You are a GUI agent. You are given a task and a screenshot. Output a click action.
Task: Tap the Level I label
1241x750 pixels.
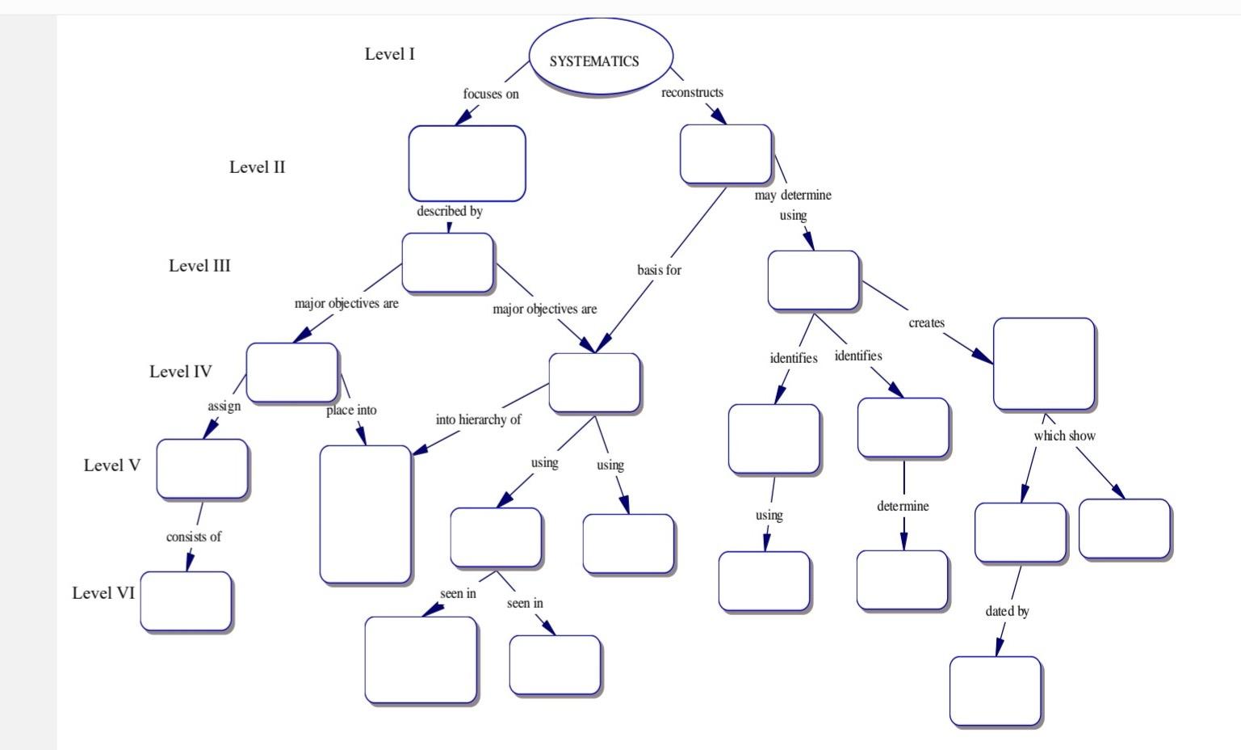pyautogui.click(x=389, y=54)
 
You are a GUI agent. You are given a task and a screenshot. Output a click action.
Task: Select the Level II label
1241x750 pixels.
pyautogui.click(x=257, y=167)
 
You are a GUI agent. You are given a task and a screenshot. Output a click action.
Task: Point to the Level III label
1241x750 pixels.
pyautogui.click(x=199, y=266)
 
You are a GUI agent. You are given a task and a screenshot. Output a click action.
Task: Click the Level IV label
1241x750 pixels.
pyautogui.click(x=180, y=372)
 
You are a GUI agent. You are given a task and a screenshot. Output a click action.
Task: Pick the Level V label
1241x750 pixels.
pyautogui.click(x=111, y=466)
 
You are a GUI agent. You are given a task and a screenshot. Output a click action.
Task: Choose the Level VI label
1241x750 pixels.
pyautogui.click(x=103, y=593)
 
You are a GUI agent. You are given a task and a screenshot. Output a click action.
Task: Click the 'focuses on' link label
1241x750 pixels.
pyautogui.click(x=490, y=94)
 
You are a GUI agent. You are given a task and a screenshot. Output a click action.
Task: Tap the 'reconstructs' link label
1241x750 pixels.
pyautogui.click(x=692, y=92)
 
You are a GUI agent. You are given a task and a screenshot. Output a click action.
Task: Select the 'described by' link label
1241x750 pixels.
pyautogui.click(x=449, y=211)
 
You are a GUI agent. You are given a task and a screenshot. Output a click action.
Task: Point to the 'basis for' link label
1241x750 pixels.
pyautogui.click(x=659, y=270)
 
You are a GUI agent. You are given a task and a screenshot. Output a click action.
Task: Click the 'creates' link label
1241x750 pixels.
pyautogui.click(x=926, y=322)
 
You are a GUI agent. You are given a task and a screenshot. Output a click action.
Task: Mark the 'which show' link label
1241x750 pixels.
pyautogui.click(x=1064, y=436)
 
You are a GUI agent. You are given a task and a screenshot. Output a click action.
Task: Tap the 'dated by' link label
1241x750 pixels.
pyautogui.click(x=1007, y=611)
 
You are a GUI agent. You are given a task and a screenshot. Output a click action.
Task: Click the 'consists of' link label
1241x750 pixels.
pyautogui.click(x=193, y=537)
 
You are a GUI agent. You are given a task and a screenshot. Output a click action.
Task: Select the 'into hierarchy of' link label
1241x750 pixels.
pyautogui.click(x=478, y=419)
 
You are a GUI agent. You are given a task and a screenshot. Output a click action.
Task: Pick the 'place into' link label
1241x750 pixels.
pyautogui.click(x=351, y=411)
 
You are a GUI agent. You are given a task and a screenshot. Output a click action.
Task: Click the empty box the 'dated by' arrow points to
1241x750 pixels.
pyautogui.click(x=995, y=691)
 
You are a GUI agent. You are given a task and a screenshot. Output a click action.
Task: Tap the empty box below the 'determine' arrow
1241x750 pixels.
pyautogui.click(x=902, y=580)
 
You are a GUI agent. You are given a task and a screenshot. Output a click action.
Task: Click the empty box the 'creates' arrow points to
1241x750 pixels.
pyautogui.click(x=1043, y=364)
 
